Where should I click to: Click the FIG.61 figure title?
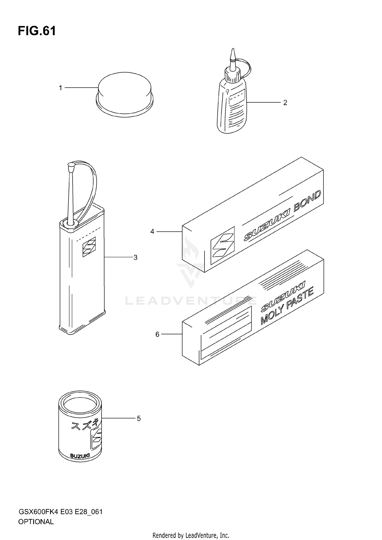click(x=37, y=31)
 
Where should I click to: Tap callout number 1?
click(x=60, y=88)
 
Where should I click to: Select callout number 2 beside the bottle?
click(x=285, y=103)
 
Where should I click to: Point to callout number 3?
click(x=135, y=258)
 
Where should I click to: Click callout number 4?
click(x=152, y=231)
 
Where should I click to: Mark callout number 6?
click(x=157, y=334)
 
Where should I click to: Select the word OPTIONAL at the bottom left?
click(x=36, y=522)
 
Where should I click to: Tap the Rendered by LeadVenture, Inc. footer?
click(x=191, y=535)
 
